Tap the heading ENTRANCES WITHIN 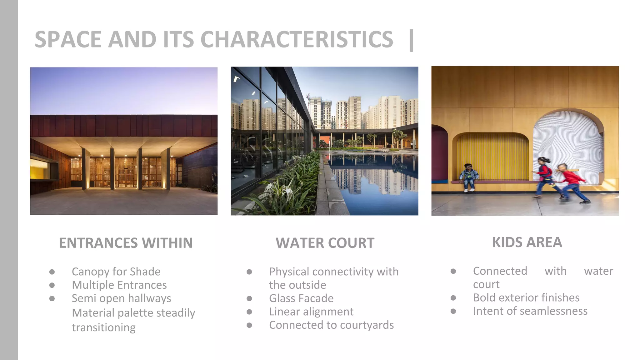pos(126,243)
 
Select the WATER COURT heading pos(325,243)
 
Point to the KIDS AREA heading pos(527,242)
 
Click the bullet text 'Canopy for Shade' pos(116,272)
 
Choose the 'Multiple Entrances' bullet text pos(119,285)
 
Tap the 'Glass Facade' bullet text pos(301,298)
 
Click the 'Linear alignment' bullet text pos(311,312)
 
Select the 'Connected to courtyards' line pos(331,325)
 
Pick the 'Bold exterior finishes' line pos(526,297)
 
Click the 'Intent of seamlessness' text pos(530,311)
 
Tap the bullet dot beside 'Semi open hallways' pos(52,298)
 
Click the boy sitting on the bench pos(468,177)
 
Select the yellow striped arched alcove pos(492,156)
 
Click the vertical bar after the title pos(411,40)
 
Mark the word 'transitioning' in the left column pos(103,327)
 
